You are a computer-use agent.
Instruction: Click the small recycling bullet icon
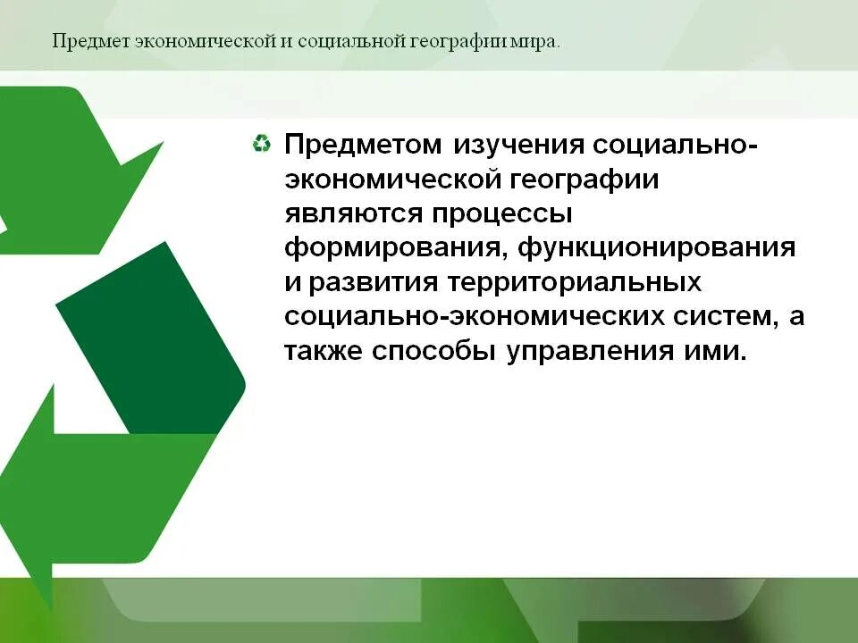click(261, 144)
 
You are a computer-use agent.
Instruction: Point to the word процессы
click(502, 214)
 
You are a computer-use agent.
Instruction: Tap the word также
click(324, 351)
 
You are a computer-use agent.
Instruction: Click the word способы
click(435, 351)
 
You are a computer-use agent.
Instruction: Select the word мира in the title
click(538, 42)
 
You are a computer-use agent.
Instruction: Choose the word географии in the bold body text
click(585, 179)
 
